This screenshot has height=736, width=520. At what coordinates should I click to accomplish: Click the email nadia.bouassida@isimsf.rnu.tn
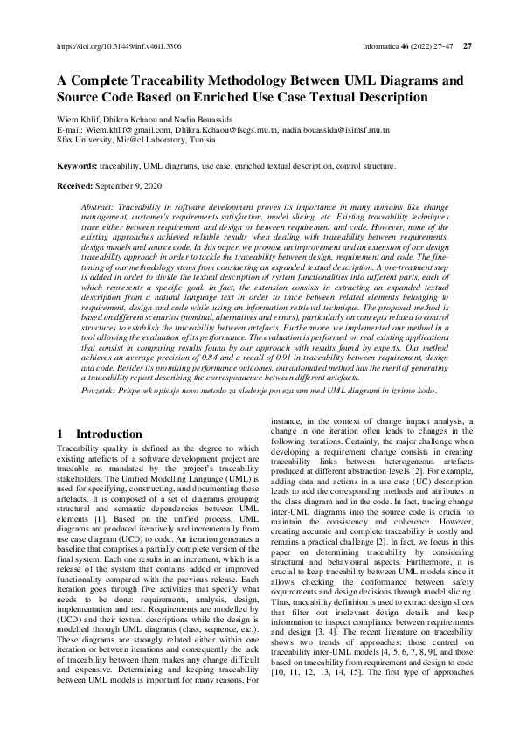336,129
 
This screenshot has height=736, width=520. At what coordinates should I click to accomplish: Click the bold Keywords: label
77,165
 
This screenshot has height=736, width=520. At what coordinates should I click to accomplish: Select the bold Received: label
75,186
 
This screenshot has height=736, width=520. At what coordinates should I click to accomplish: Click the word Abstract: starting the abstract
96,204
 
